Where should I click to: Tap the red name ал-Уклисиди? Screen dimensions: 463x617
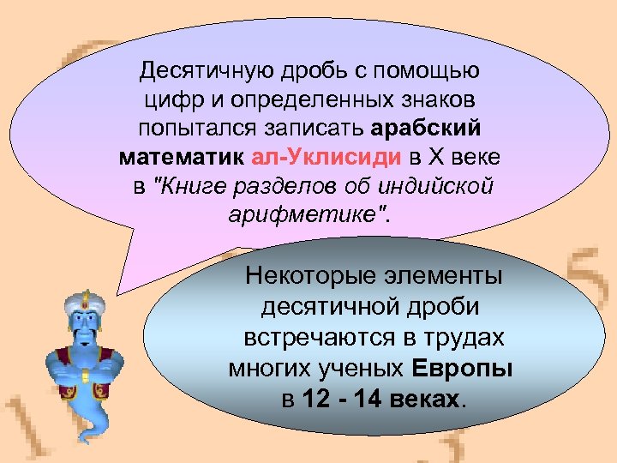330,159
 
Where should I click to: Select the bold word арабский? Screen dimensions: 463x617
427,129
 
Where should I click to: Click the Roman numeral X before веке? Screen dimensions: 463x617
437,159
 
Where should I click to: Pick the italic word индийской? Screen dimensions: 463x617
438,187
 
